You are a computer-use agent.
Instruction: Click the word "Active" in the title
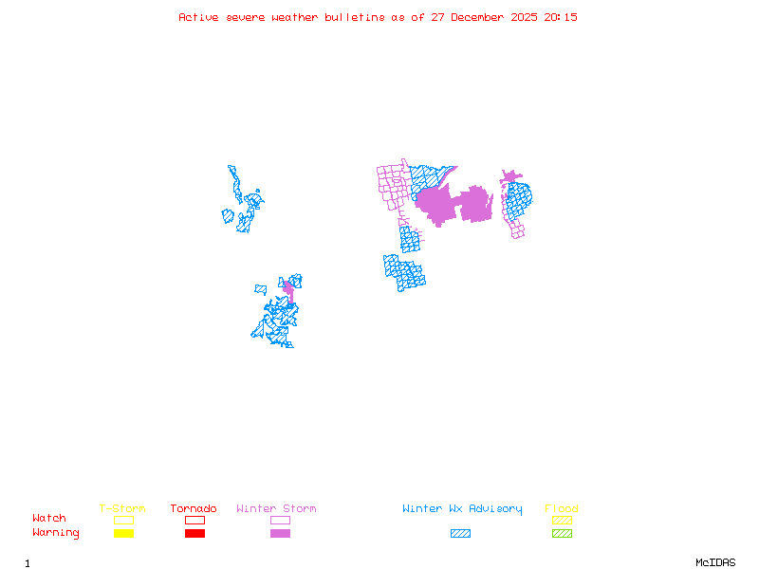click(197, 17)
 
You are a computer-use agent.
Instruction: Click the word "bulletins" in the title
click(354, 17)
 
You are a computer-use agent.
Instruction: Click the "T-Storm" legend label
click(122, 509)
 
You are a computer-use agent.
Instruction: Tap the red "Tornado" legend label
click(194, 509)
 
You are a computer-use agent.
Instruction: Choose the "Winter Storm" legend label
click(276, 509)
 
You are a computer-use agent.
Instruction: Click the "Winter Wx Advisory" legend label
click(462, 509)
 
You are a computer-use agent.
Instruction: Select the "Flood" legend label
click(562, 509)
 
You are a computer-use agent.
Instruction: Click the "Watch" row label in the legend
click(49, 519)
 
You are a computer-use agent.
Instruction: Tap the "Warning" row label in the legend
click(56, 533)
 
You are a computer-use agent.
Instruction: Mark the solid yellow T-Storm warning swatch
click(123, 533)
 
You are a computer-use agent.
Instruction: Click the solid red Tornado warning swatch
click(194, 533)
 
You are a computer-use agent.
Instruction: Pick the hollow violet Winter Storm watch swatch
click(280, 520)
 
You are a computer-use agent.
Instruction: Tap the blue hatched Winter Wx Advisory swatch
click(460, 533)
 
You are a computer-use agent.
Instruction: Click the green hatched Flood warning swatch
click(562, 533)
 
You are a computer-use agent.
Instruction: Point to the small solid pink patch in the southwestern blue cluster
click(288, 288)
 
